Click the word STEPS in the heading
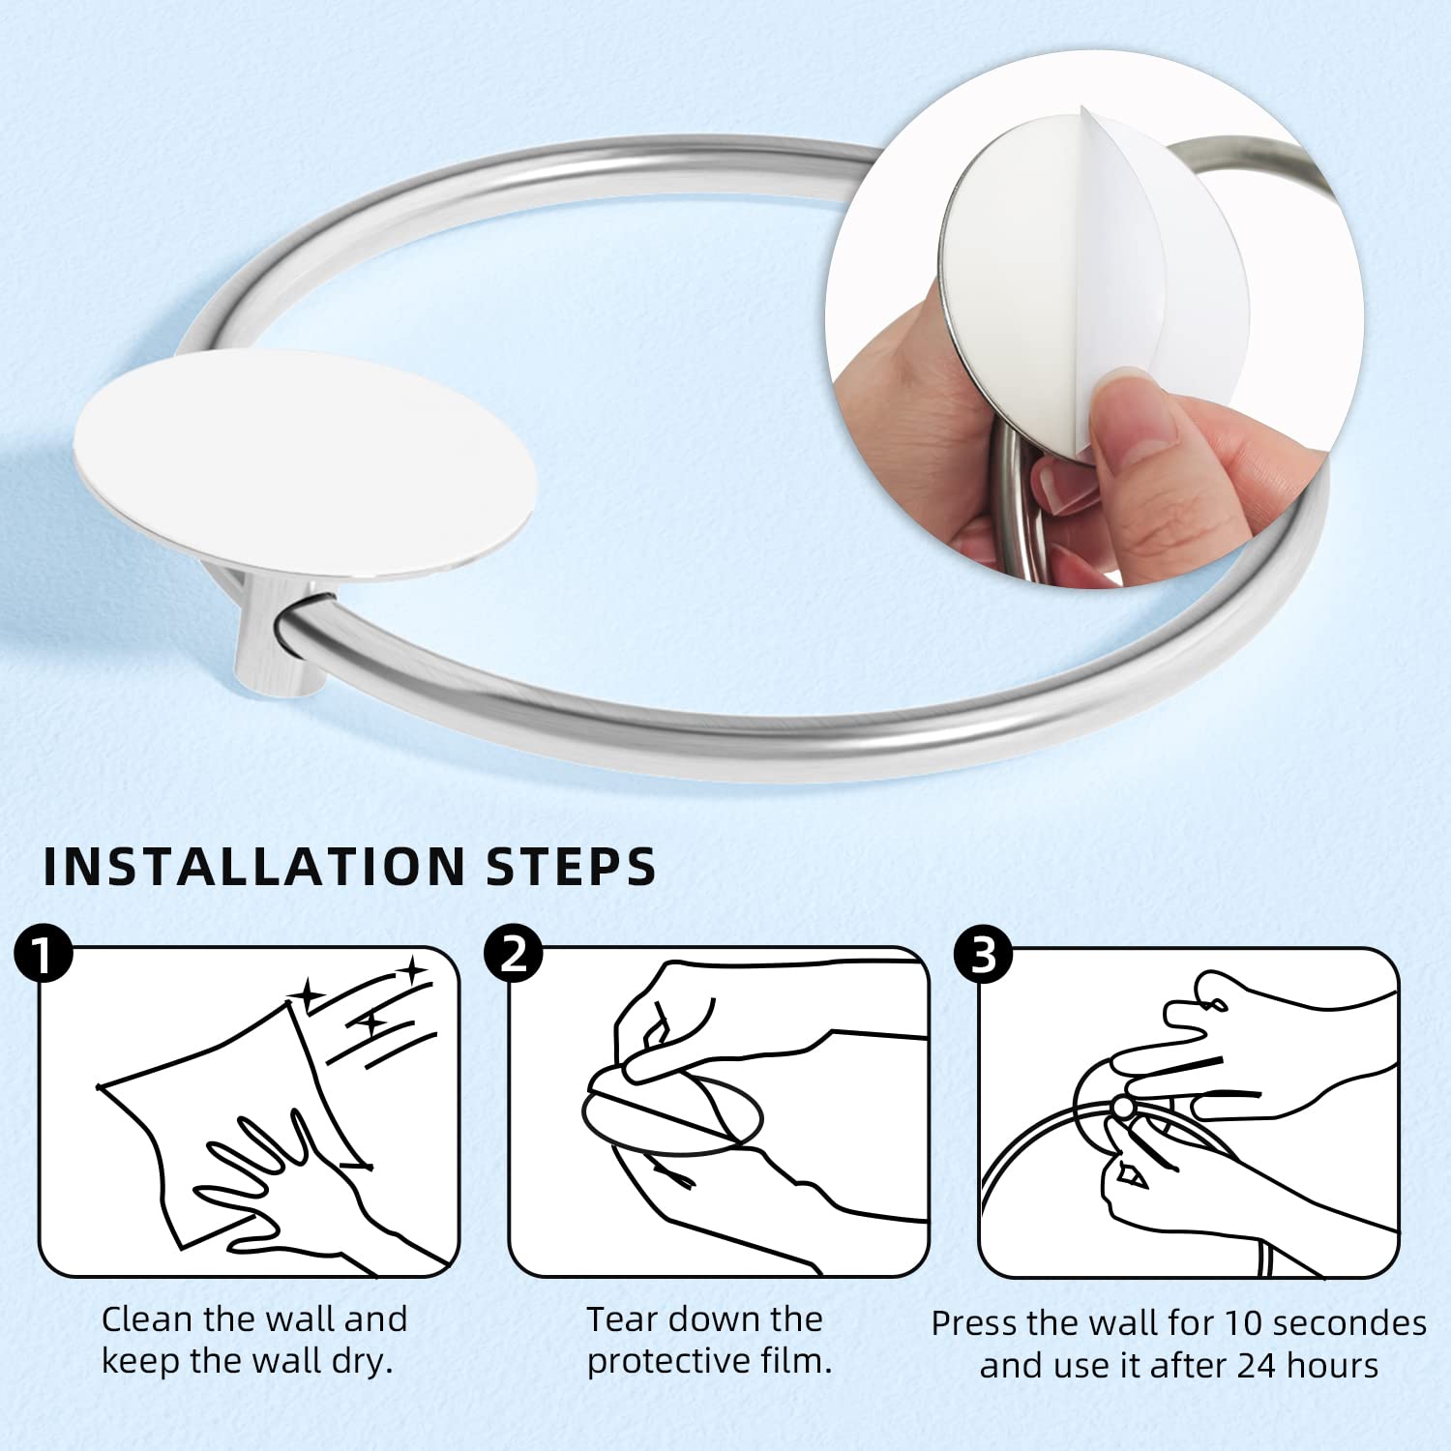571,866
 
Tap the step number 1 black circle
44,955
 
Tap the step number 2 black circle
514,955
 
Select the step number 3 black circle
983,955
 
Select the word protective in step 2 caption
677,1362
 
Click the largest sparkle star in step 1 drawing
311,994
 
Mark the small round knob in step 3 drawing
1122,1106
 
